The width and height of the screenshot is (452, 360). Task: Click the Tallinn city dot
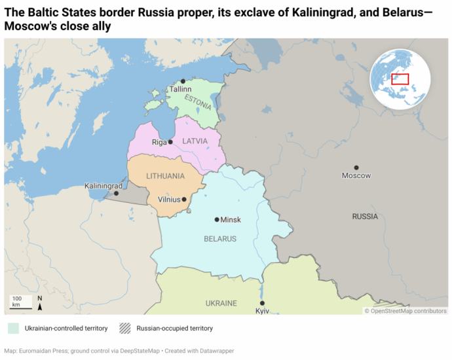[x=183, y=81]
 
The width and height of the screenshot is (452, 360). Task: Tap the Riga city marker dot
[x=170, y=141]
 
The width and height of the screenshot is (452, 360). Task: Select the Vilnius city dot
[x=184, y=199]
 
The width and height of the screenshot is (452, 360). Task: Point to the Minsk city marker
[x=217, y=220]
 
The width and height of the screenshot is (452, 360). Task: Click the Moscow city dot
[x=356, y=168]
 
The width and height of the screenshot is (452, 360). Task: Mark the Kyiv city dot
[x=262, y=303]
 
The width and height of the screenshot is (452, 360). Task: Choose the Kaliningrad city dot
[x=117, y=193]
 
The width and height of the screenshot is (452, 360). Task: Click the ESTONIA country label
[x=198, y=101]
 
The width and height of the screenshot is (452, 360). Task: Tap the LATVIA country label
[x=195, y=141]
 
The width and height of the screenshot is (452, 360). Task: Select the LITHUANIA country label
[x=166, y=177]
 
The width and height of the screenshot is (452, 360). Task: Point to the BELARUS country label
[x=220, y=239]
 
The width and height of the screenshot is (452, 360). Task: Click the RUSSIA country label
[x=365, y=216]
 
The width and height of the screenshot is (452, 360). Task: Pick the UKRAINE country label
[x=221, y=304]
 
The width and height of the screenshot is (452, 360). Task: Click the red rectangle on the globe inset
[x=400, y=79]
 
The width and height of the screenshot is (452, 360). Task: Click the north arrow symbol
[x=40, y=302]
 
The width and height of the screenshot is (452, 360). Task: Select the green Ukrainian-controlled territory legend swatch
[x=12, y=328]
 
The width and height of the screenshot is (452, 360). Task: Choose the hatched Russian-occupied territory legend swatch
[x=124, y=328]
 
